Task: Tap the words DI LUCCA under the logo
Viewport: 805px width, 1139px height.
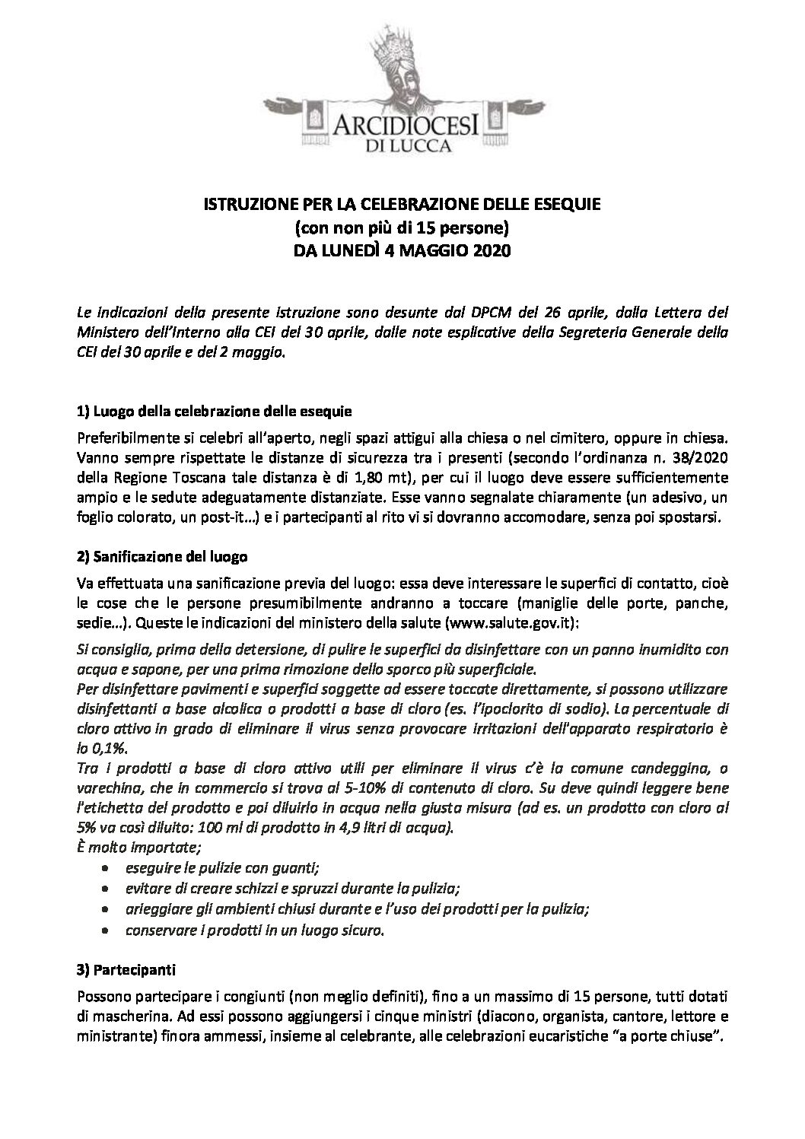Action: click(402, 145)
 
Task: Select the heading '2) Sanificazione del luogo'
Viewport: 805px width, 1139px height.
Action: click(162, 555)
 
